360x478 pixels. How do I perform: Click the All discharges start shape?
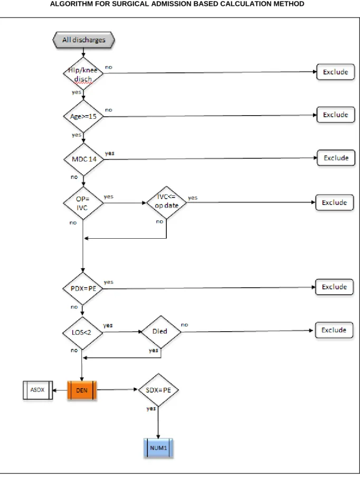[x=84, y=40]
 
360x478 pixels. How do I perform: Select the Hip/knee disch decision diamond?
[x=83, y=73]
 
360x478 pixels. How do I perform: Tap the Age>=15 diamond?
[x=83, y=116]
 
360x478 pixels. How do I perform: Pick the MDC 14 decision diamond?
[x=84, y=159]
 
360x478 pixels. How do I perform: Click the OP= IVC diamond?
[x=83, y=203]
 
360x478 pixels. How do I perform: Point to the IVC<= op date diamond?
[x=166, y=202]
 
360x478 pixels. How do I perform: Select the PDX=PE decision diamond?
[x=82, y=288]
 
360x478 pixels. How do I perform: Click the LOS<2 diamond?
[x=82, y=333]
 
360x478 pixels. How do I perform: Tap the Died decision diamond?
[x=161, y=332]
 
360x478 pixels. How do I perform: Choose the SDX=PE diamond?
[x=158, y=390]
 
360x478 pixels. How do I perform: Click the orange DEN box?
[x=82, y=390]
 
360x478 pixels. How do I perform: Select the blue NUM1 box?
[x=158, y=448]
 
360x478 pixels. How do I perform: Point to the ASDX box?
[x=38, y=390]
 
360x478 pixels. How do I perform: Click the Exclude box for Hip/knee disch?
[x=335, y=72]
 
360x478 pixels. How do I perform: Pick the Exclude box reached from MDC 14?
[x=336, y=158]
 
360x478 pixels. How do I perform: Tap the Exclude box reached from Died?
[x=334, y=330]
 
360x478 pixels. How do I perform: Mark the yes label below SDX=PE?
[x=151, y=408]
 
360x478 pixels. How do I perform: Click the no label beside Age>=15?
[x=109, y=110]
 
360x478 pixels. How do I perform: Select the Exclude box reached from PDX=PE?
[x=335, y=287]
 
